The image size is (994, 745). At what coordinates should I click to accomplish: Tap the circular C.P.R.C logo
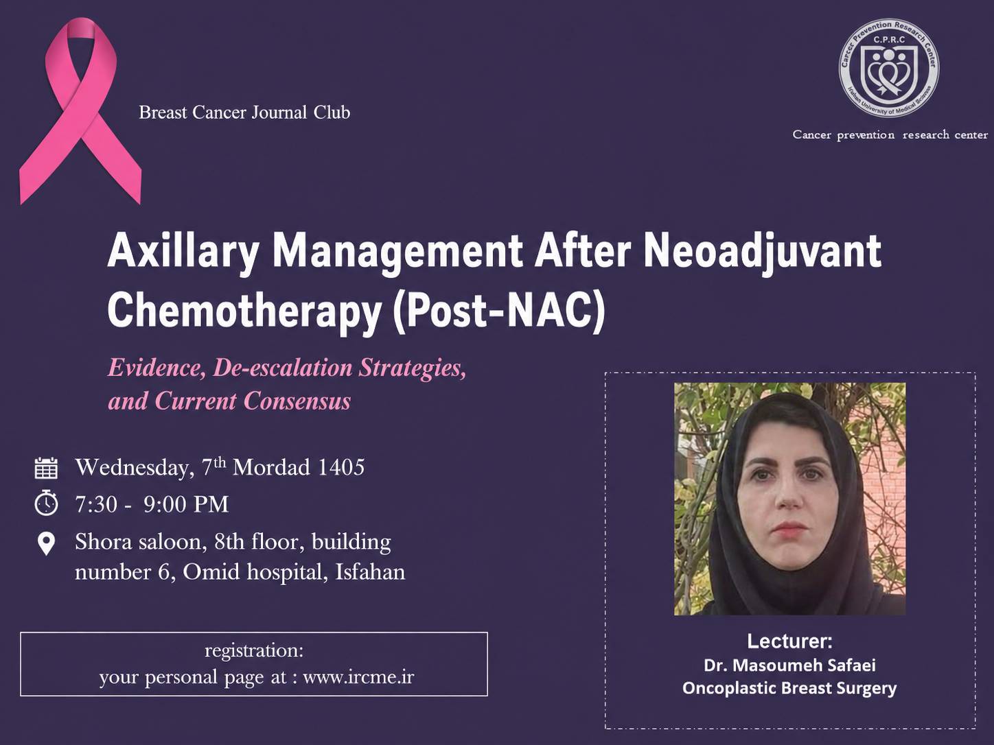pos(890,68)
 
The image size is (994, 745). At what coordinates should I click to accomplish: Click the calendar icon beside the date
pos(46,468)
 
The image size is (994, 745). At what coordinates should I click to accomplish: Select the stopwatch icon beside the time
pos(46,503)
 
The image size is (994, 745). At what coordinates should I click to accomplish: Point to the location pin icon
pos(46,543)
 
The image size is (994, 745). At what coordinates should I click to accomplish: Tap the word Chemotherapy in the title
pos(244,313)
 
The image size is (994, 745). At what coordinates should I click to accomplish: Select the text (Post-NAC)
pos(499,311)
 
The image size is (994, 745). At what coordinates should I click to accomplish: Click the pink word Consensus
pos(297,401)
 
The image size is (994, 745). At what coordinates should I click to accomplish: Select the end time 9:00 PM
pos(186,504)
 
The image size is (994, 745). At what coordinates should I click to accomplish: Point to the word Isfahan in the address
pos(370,572)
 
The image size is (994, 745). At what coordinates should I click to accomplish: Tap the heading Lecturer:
pos(789,641)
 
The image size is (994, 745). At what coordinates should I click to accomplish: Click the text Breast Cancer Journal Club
pos(244,113)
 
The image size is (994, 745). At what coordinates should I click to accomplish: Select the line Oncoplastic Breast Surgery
pos(789,688)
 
